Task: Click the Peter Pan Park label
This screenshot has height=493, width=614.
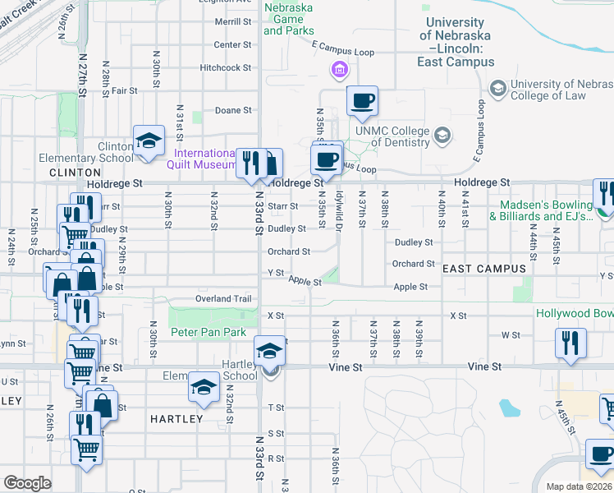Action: [x=208, y=332]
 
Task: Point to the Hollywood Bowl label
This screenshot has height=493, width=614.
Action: [x=575, y=314]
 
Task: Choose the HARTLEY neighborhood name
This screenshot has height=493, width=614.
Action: [x=176, y=418]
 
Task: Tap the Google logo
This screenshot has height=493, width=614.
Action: [x=27, y=483]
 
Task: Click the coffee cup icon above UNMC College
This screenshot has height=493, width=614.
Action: [x=362, y=102]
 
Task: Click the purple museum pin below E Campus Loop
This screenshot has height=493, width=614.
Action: [x=339, y=72]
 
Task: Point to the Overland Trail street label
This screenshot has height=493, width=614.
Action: [x=223, y=299]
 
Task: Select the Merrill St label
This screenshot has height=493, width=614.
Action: [x=232, y=22]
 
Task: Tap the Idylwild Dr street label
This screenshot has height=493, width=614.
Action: [x=338, y=216]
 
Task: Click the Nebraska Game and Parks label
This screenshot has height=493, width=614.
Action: [x=288, y=19]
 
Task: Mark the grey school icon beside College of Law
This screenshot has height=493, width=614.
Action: [x=497, y=88]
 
